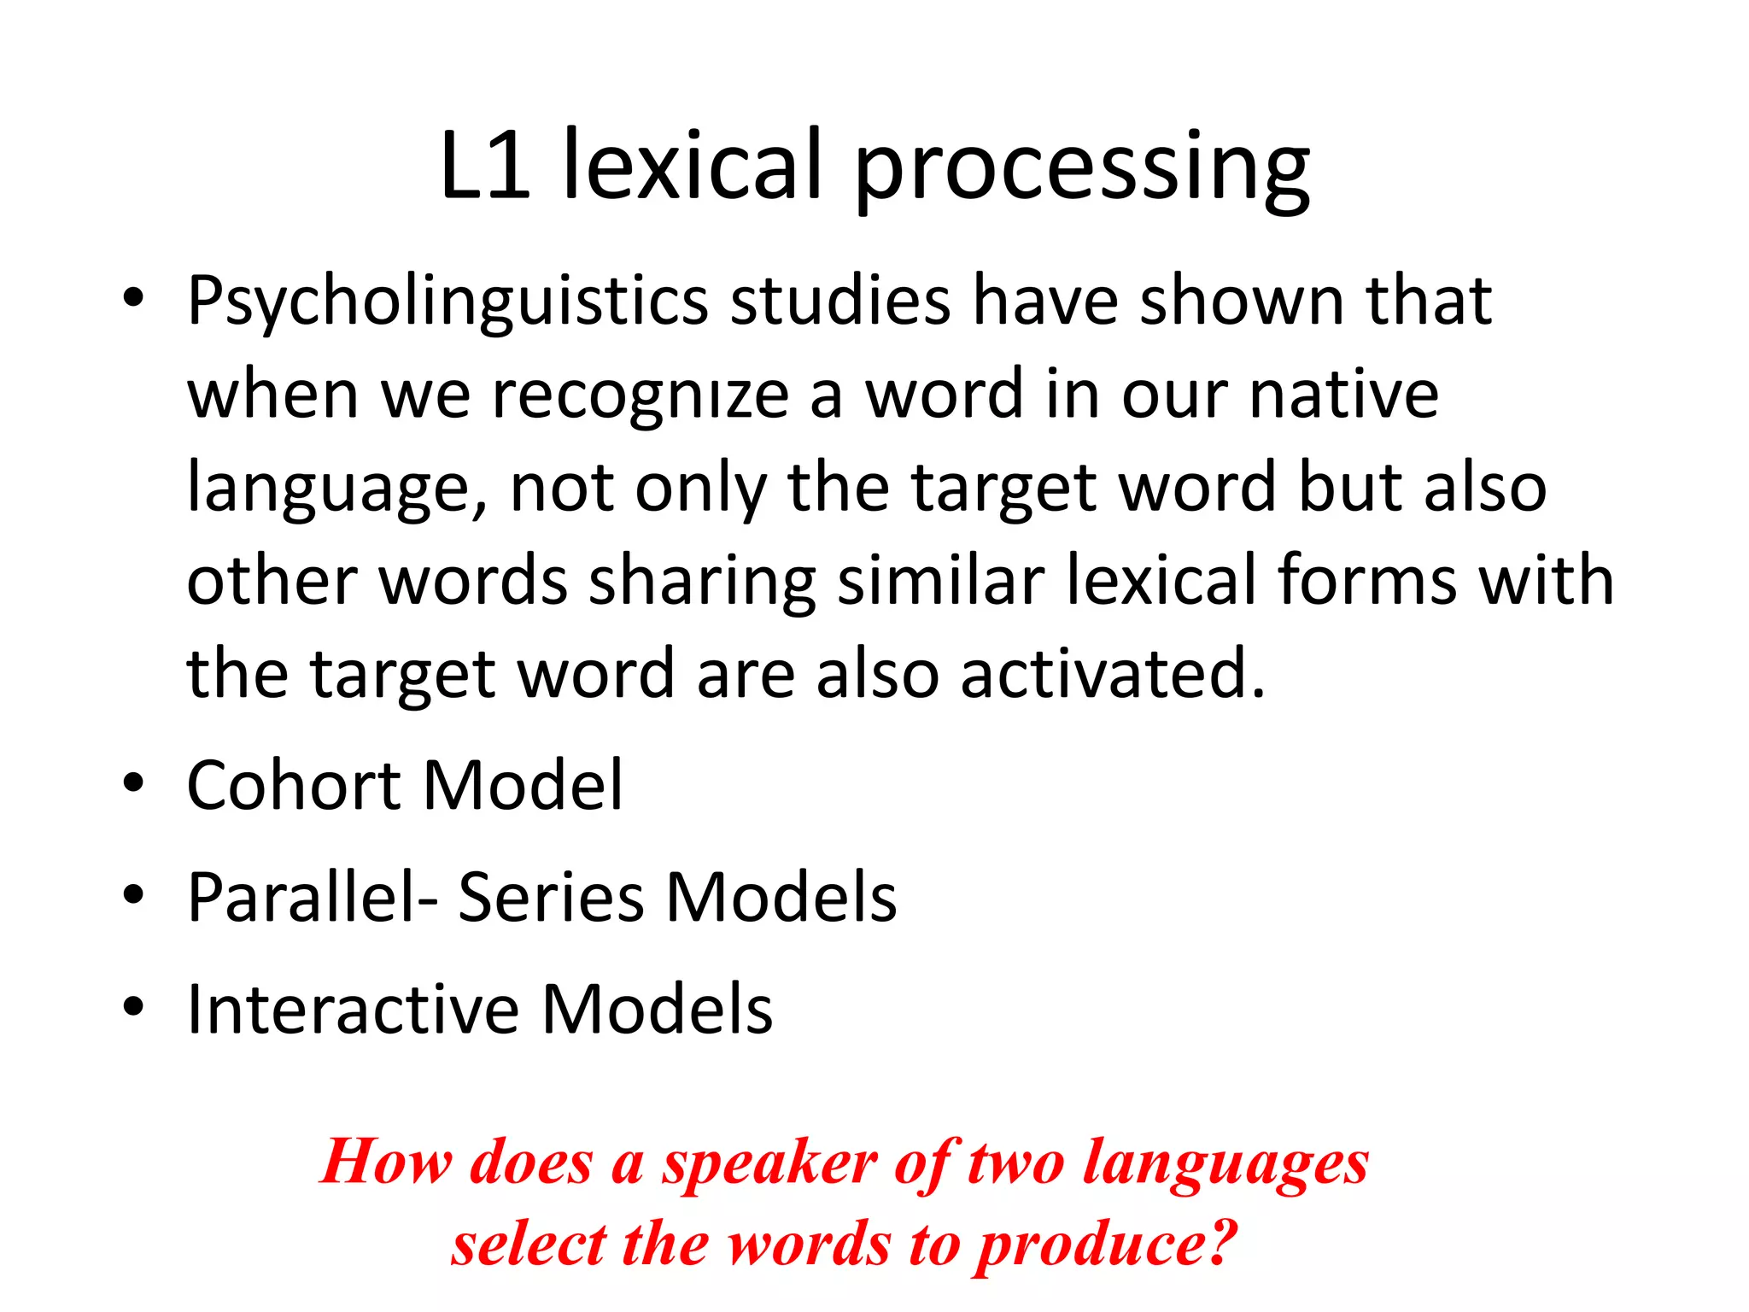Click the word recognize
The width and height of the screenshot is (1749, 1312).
(x=641, y=396)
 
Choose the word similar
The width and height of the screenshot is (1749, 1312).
(x=941, y=581)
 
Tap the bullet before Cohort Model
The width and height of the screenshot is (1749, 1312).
(x=133, y=783)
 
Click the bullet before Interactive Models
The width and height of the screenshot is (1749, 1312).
(x=133, y=1007)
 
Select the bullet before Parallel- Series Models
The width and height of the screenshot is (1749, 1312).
(x=133, y=895)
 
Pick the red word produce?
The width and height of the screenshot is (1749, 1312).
(x=1107, y=1245)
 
